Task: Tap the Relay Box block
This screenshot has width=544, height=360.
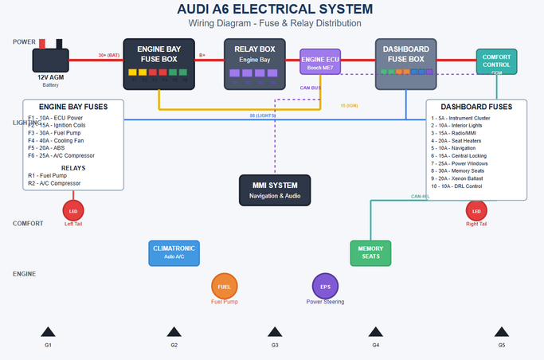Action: click(x=255, y=63)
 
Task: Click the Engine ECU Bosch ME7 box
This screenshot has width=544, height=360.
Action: click(x=320, y=61)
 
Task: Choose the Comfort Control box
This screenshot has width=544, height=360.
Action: click(x=497, y=62)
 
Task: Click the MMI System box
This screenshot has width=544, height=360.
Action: click(x=273, y=190)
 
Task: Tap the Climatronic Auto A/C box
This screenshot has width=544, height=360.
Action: click(x=174, y=252)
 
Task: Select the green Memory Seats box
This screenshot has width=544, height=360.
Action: click(x=370, y=252)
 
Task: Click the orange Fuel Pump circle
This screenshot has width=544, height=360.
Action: click(x=224, y=287)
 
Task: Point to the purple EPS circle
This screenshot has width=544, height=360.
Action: click(x=325, y=287)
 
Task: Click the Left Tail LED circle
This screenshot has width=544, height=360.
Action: click(x=73, y=211)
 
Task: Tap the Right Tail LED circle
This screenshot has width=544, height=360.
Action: click(x=476, y=211)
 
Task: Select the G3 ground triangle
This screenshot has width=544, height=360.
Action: click(x=274, y=332)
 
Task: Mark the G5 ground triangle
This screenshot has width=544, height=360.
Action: click(x=501, y=332)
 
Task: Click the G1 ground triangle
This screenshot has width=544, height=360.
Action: click(x=48, y=332)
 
